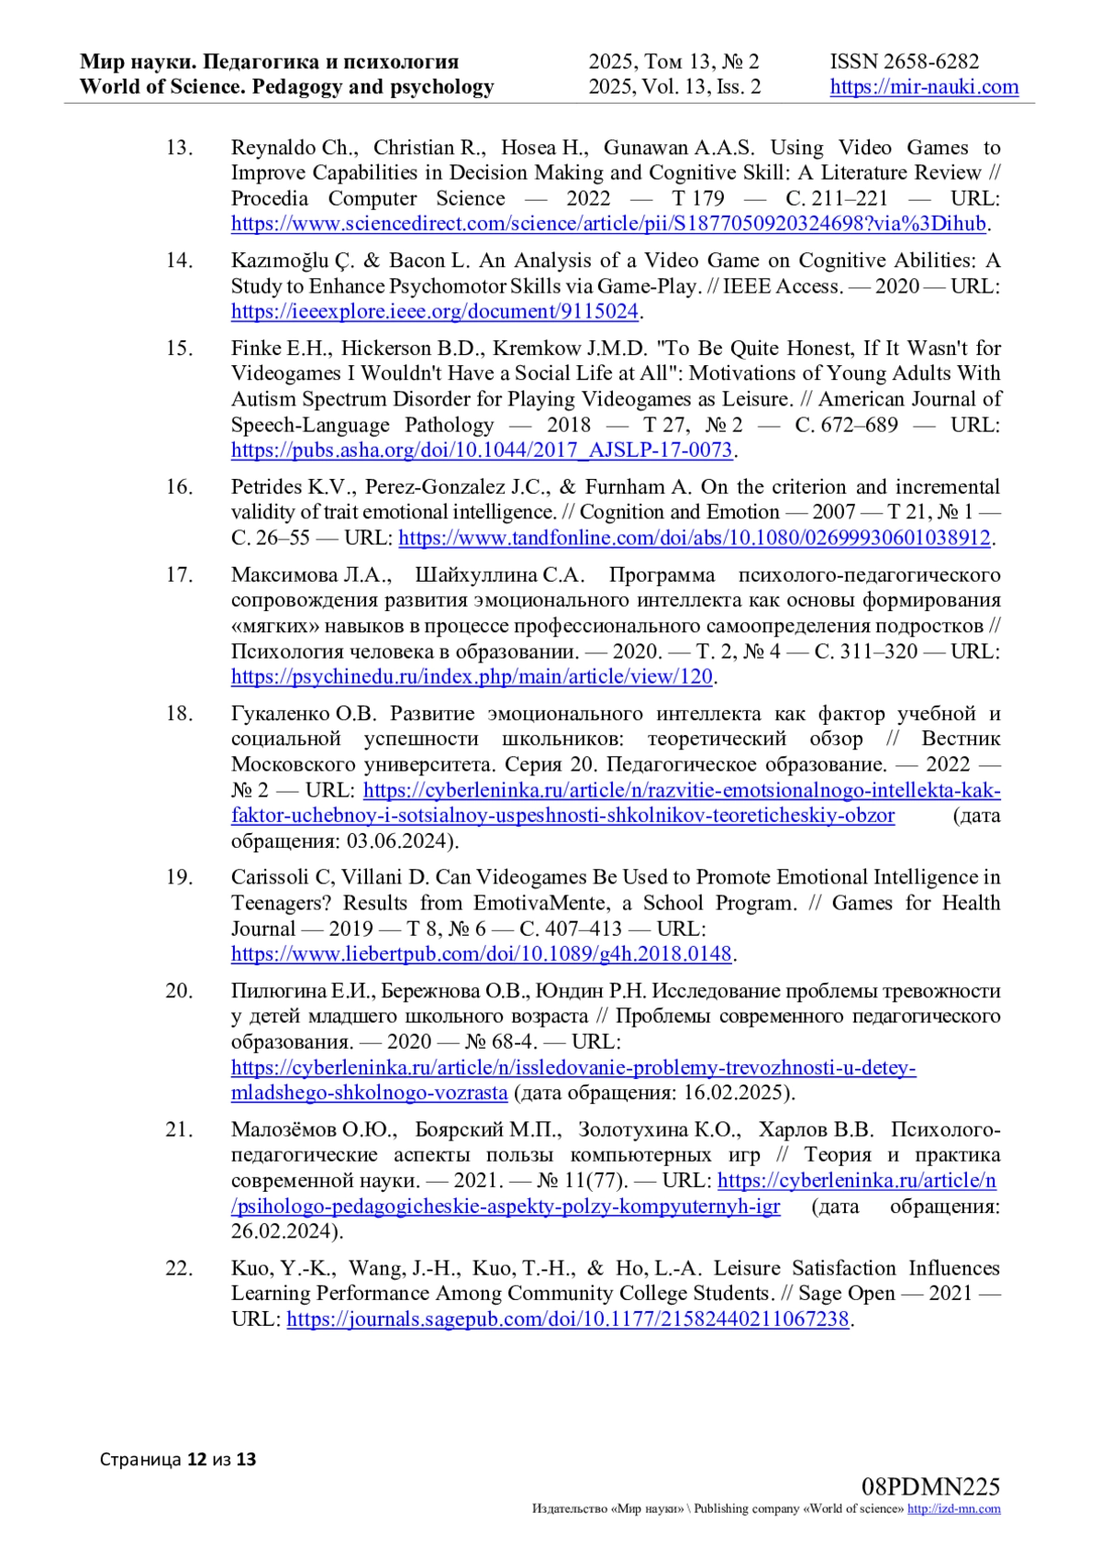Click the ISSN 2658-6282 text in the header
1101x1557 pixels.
[x=904, y=61]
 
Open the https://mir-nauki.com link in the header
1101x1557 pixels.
[x=924, y=87]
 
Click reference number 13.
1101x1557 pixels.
[x=179, y=148]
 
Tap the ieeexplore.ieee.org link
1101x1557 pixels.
[x=434, y=312]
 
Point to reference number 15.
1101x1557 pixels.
[x=179, y=349]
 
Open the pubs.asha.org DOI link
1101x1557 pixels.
[x=482, y=450]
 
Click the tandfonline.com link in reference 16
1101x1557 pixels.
[x=695, y=538]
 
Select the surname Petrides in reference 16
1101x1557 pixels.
[x=267, y=487]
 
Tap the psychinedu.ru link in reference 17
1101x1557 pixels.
[x=472, y=677]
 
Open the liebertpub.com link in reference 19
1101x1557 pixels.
[x=482, y=954]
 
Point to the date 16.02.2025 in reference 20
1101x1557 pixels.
[x=735, y=1093]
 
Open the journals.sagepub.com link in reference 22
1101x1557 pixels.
[x=568, y=1319]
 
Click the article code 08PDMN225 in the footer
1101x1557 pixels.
[x=929, y=1486]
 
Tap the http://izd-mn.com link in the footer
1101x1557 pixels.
[x=953, y=1509]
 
